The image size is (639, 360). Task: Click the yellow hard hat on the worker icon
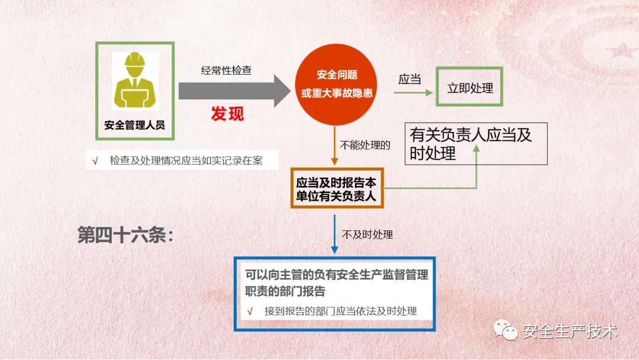135,60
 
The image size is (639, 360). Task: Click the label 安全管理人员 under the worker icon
134,125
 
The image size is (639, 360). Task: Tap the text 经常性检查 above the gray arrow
226,70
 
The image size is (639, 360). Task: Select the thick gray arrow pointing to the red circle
234,91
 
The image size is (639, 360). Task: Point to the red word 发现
227,114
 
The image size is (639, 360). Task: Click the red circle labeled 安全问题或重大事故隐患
336,85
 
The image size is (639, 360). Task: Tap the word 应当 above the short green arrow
409,79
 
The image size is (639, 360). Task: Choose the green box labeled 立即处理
469,87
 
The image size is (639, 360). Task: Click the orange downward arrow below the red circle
334,146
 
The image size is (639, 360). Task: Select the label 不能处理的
365,145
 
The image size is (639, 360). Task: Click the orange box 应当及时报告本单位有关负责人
337,188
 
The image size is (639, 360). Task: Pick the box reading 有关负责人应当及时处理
476,144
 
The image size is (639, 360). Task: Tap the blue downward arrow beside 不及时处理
334,234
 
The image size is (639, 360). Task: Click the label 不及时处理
367,234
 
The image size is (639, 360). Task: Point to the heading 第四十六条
125,235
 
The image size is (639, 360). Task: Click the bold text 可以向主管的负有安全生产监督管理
337,275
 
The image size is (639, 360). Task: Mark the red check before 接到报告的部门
250,312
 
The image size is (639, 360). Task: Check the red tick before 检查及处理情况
95,161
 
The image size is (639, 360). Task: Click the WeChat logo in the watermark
505,330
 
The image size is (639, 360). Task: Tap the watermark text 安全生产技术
570,331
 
